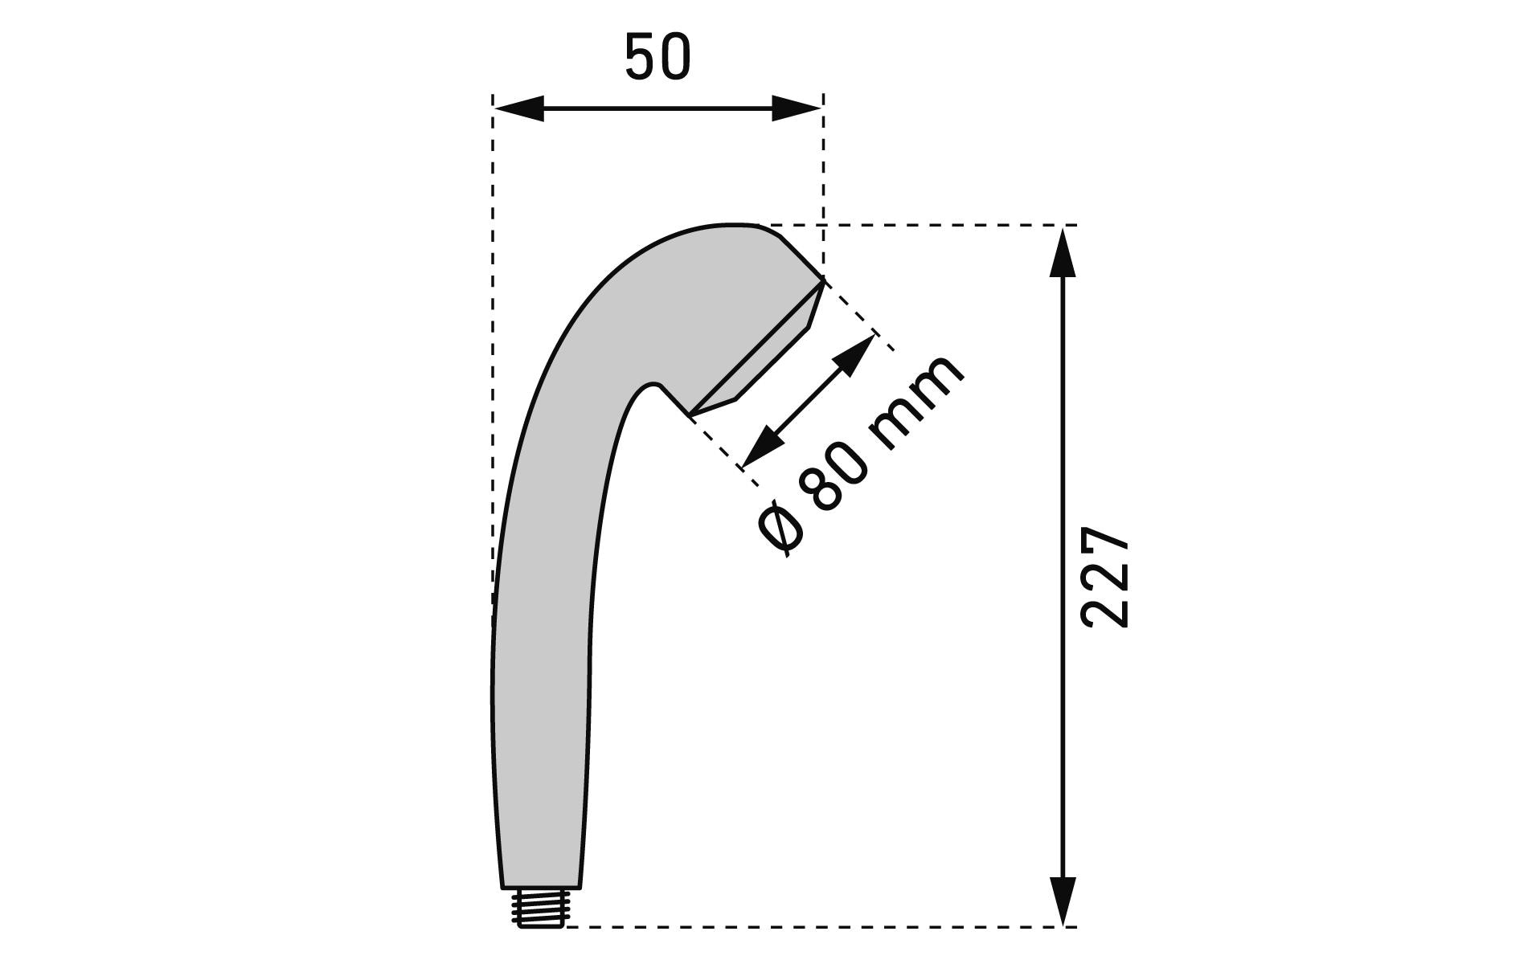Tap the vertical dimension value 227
pyautogui.click(x=1106, y=577)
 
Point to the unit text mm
pyautogui.click(x=916, y=402)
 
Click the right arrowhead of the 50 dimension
pyautogui.click(x=797, y=108)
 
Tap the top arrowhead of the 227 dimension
pyautogui.click(x=1063, y=251)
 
